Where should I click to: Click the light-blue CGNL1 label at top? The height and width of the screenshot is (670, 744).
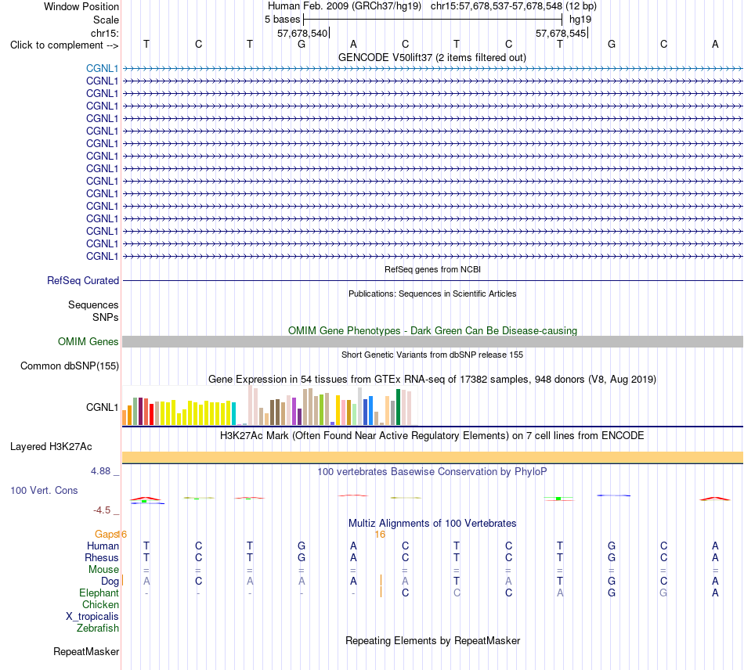102,68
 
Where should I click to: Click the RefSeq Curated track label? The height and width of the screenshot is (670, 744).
83,281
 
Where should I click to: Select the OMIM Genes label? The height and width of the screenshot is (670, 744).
88,341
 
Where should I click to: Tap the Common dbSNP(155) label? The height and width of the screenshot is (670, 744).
70,366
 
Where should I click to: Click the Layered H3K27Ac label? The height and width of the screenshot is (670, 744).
51,447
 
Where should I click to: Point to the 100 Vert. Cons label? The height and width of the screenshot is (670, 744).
44,490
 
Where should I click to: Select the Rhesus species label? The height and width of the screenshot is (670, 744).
102,557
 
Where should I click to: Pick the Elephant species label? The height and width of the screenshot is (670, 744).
99,593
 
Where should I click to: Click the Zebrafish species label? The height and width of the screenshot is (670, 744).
98,629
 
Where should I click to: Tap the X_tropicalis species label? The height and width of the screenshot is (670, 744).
92,617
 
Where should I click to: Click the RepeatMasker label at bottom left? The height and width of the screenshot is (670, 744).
86,651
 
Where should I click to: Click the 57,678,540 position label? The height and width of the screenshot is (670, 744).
302,33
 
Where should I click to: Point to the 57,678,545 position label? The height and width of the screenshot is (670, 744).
561,33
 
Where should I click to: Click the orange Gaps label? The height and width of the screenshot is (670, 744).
107,535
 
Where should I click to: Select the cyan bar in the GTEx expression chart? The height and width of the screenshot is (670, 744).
234,413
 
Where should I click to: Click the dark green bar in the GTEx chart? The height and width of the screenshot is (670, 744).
399,407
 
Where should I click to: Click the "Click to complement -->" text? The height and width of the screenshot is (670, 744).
64,45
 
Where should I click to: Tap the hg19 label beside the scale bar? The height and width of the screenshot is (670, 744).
580,20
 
